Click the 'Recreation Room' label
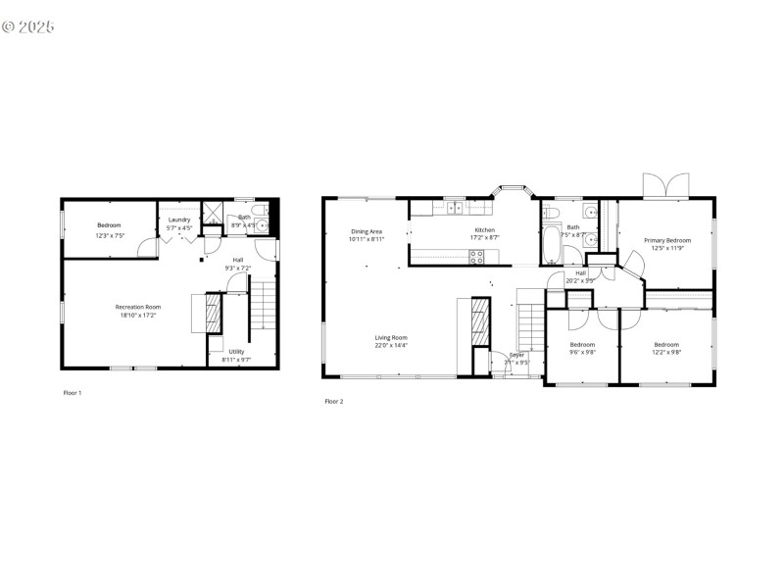click(137, 307)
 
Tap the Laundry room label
click(178, 220)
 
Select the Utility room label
click(237, 352)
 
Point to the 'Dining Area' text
click(367, 231)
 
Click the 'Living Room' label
click(390, 338)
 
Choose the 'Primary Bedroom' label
click(666, 240)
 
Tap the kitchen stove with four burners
click(476, 258)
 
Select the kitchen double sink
click(454, 207)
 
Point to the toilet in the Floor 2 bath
click(551, 210)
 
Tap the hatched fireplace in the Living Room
click(479, 320)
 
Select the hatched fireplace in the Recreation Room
click(210, 314)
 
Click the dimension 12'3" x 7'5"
click(108, 235)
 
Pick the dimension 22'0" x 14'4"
click(390, 346)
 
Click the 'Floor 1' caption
click(73, 392)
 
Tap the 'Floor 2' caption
click(334, 401)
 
